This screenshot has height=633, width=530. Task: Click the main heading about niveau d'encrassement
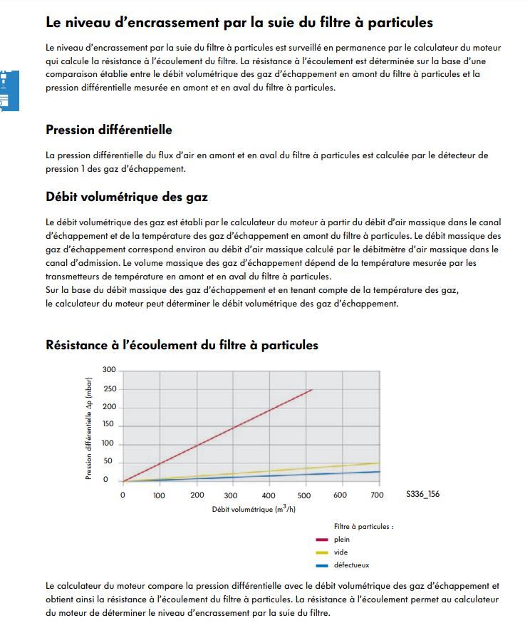(239, 22)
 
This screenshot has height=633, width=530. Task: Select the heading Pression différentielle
(108, 130)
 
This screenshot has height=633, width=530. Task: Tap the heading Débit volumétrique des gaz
(127, 197)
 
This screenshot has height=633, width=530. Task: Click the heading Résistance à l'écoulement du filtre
(182, 345)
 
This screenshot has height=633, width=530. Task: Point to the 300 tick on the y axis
(108, 369)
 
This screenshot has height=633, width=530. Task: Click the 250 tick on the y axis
(108, 388)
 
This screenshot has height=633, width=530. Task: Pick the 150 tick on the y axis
(108, 425)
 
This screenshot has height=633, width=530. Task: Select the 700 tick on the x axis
(378, 495)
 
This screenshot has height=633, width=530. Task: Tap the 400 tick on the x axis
(269, 495)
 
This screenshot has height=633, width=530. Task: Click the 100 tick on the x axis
(159, 495)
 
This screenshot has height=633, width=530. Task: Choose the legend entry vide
(341, 552)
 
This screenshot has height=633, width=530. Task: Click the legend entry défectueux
(351, 565)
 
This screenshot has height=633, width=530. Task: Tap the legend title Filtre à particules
(363, 526)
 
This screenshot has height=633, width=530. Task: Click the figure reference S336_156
(422, 495)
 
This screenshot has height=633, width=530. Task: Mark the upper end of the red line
(312, 389)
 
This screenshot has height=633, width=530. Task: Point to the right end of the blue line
(379, 471)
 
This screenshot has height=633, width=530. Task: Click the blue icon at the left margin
(9, 91)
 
